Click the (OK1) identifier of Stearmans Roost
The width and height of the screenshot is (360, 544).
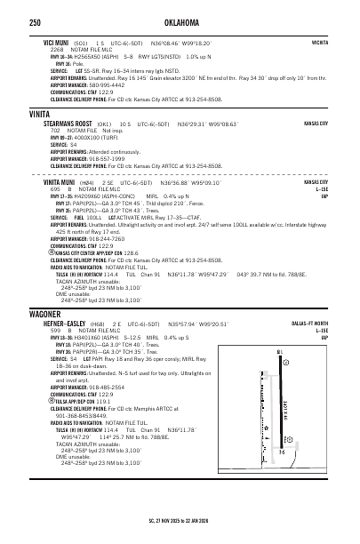click(x=103, y=124)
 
